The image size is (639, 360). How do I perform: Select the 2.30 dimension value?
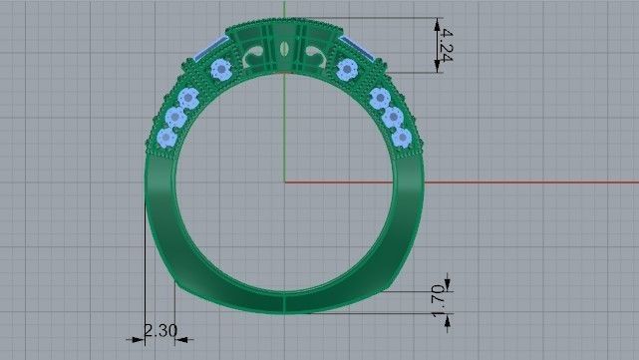pyautogui.click(x=160, y=330)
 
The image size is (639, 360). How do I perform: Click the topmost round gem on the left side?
pyautogui.click(x=221, y=69)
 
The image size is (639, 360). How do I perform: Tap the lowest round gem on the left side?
pyautogui.click(x=166, y=137)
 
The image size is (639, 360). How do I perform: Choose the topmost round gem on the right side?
pyautogui.click(x=347, y=69)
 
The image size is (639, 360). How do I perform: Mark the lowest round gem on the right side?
pyautogui.click(x=402, y=137)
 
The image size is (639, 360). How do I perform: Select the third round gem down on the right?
pyautogui.click(x=392, y=118)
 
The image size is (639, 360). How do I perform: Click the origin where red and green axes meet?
pyautogui.click(x=284, y=181)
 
